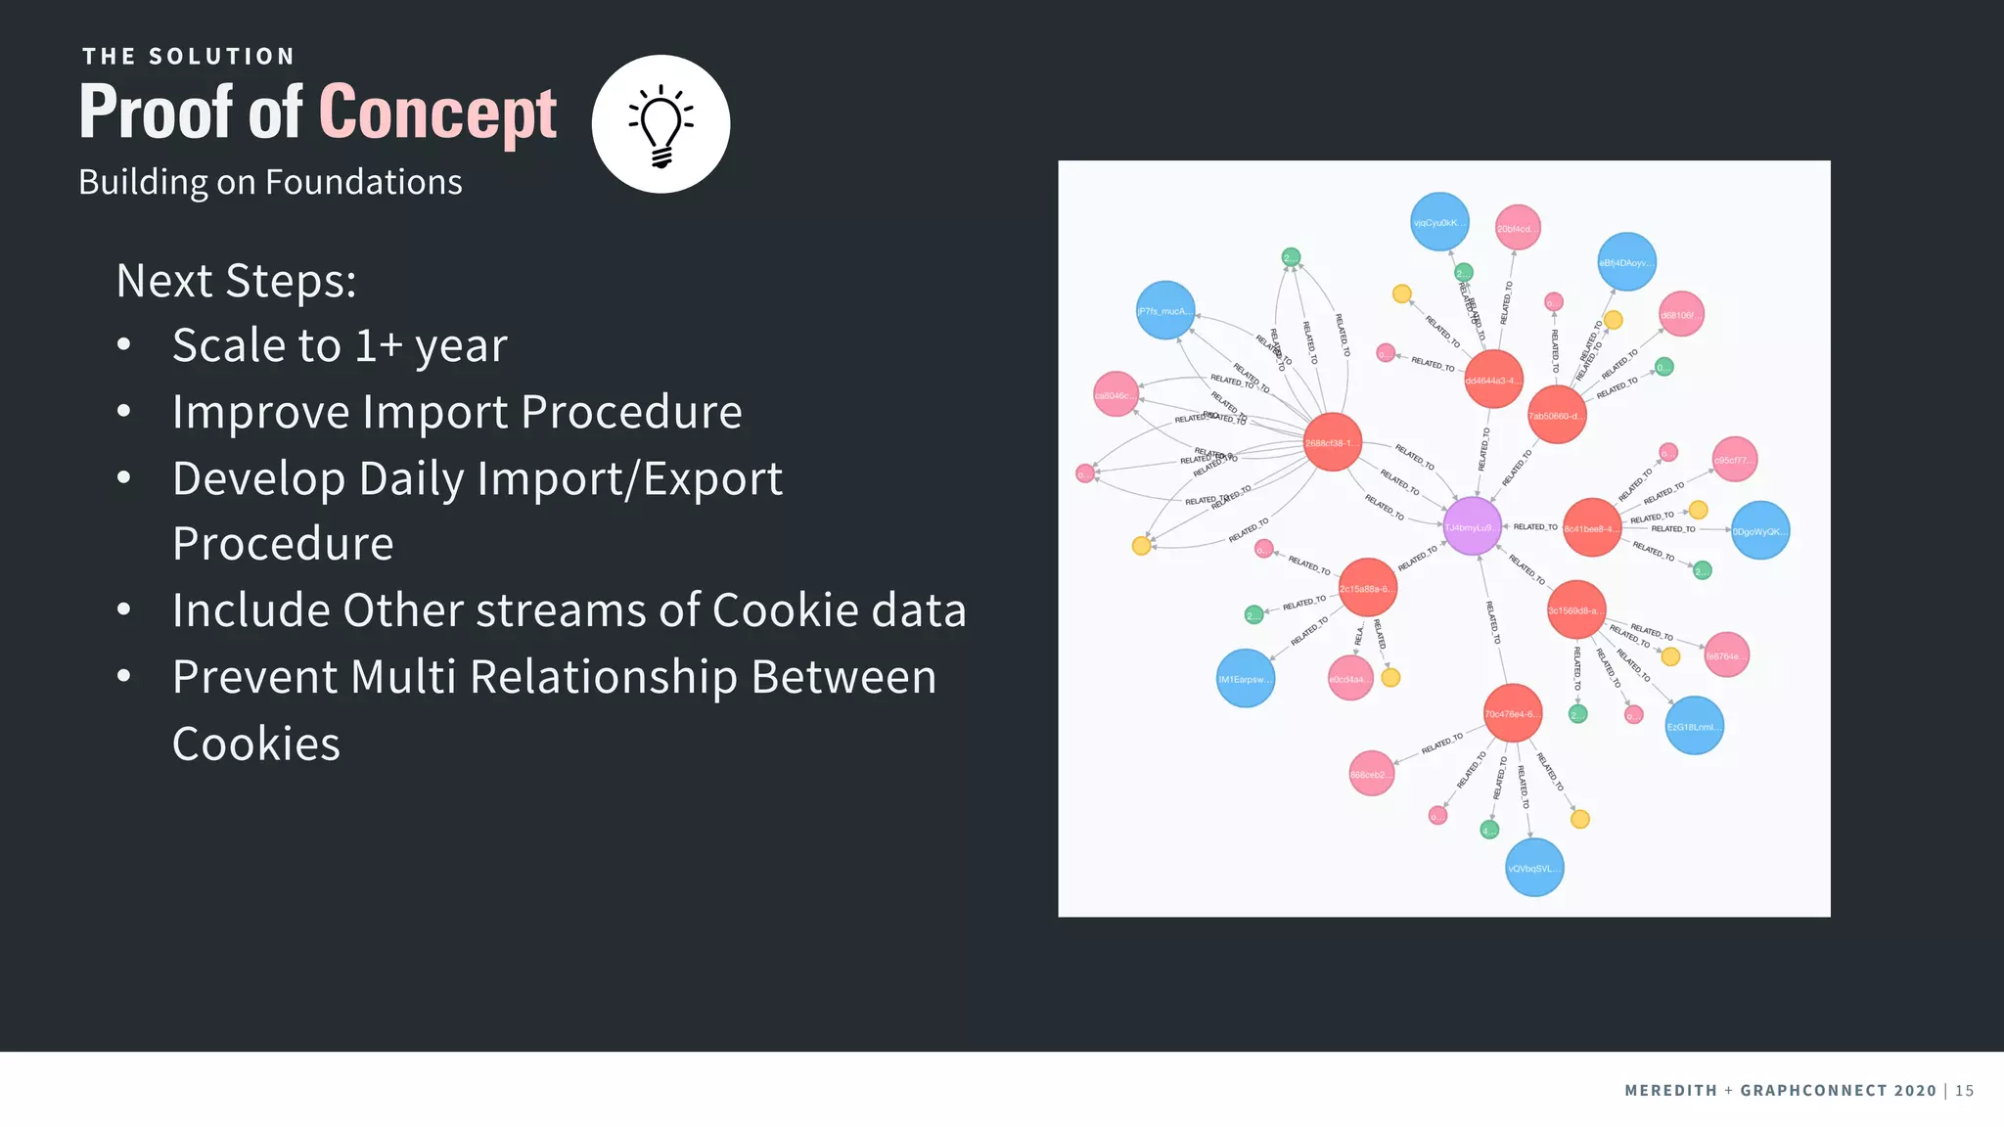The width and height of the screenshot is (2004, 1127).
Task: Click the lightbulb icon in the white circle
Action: point(661,125)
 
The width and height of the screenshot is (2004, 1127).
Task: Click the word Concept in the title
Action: point(437,113)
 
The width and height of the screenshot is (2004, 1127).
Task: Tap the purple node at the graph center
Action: point(1472,526)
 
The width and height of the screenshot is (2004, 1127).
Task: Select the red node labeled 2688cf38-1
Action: point(1332,442)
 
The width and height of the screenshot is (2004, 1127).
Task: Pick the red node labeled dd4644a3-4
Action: point(1493,380)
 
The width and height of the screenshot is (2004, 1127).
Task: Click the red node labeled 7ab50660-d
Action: point(1556,415)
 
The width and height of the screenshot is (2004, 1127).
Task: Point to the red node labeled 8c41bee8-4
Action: point(1591,527)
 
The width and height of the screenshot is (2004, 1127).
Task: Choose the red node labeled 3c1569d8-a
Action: point(1575,609)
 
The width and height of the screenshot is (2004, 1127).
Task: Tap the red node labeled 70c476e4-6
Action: point(1512,713)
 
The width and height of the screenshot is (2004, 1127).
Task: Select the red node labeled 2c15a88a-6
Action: point(1367,588)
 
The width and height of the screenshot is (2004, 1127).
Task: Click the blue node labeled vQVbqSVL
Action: point(1533,868)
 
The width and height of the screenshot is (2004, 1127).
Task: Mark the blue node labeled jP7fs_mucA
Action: point(1165,310)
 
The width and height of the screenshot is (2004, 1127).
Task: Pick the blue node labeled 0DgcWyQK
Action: point(1759,530)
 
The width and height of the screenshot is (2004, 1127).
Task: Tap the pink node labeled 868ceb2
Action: point(1371,774)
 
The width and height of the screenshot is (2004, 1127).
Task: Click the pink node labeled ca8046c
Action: point(1116,395)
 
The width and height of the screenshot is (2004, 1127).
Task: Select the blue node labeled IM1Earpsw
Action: point(1245,678)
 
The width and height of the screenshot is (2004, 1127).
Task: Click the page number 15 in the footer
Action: point(1964,1090)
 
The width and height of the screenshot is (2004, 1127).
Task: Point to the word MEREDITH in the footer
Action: point(1670,1090)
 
